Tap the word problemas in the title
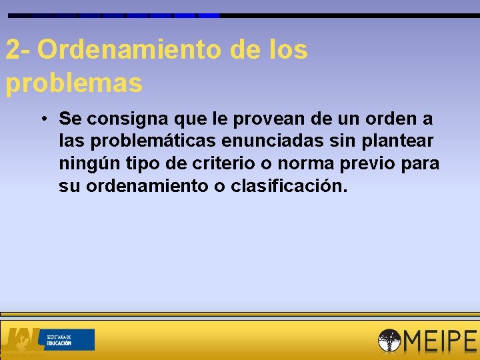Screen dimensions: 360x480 (x=73, y=83)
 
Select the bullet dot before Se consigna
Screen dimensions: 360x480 (x=42, y=119)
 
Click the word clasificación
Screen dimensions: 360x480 (x=289, y=185)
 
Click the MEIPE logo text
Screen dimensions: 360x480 (x=440, y=341)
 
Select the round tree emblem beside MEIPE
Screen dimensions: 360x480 (x=389, y=341)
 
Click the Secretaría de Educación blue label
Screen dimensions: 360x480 (x=69, y=339)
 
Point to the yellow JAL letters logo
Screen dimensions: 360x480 (x=23, y=338)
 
